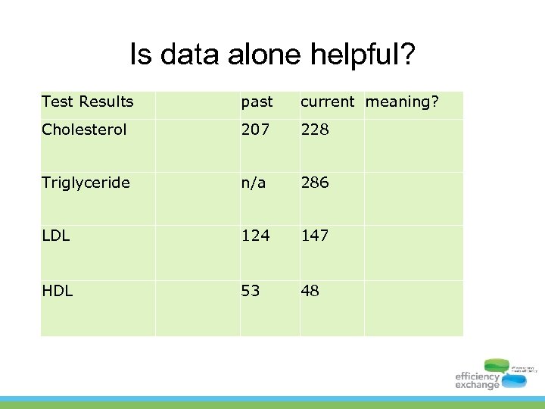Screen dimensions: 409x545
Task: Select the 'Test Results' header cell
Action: (x=87, y=101)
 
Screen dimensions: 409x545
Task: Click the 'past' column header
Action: (x=257, y=101)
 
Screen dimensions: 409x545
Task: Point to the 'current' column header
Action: (x=327, y=101)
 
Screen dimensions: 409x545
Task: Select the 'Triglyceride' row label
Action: (x=86, y=183)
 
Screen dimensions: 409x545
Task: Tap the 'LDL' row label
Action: (x=55, y=236)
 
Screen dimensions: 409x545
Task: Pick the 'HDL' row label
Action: (x=57, y=290)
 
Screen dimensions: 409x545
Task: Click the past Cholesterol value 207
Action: (x=255, y=130)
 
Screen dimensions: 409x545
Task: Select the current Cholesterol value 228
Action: (x=315, y=130)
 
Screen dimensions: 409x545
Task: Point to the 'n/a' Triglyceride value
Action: (x=254, y=183)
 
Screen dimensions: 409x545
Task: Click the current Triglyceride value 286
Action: (x=315, y=183)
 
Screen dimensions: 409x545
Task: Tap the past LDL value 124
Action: (x=255, y=236)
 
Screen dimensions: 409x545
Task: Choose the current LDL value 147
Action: (x=315, y=236)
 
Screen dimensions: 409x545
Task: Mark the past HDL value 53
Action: (x=251, y=290)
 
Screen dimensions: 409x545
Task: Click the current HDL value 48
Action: (x=310, y=290)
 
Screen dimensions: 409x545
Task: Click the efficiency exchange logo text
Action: (x=477, y=380)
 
